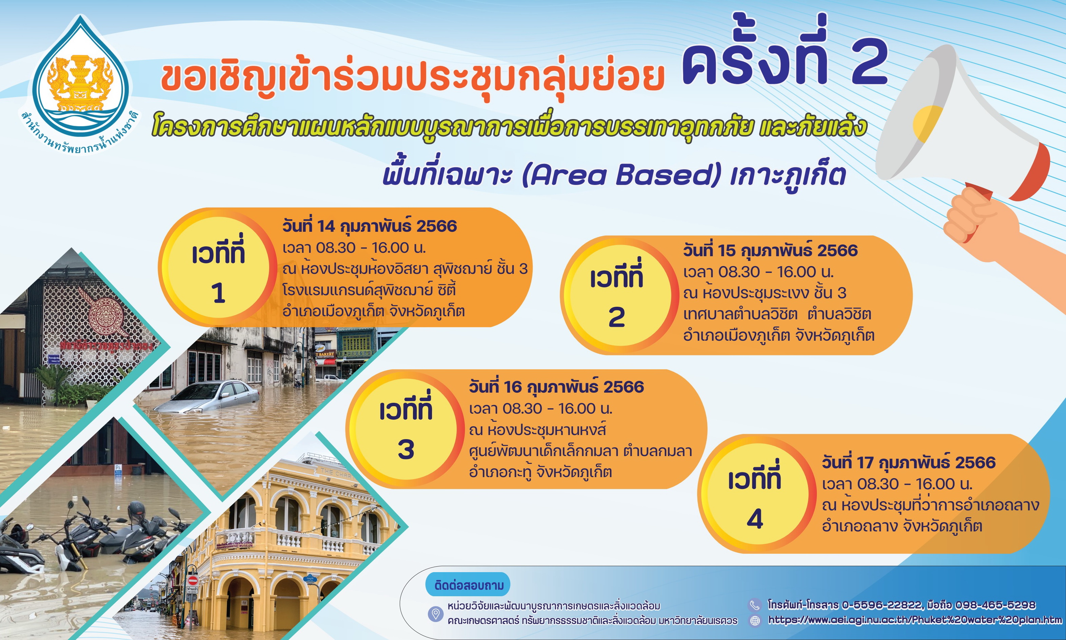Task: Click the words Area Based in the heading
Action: tap(621, 175)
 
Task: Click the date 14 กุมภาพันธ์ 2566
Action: tap(369, 226)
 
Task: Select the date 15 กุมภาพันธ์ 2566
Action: tap(770, 250)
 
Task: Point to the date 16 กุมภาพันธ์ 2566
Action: tap(556, 387)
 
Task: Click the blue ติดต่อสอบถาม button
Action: tap(468, 585)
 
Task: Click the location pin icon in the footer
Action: tap(436, 614)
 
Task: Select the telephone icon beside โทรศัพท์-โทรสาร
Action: tap(754, 605)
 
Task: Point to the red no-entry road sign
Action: tap(193, 580)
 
